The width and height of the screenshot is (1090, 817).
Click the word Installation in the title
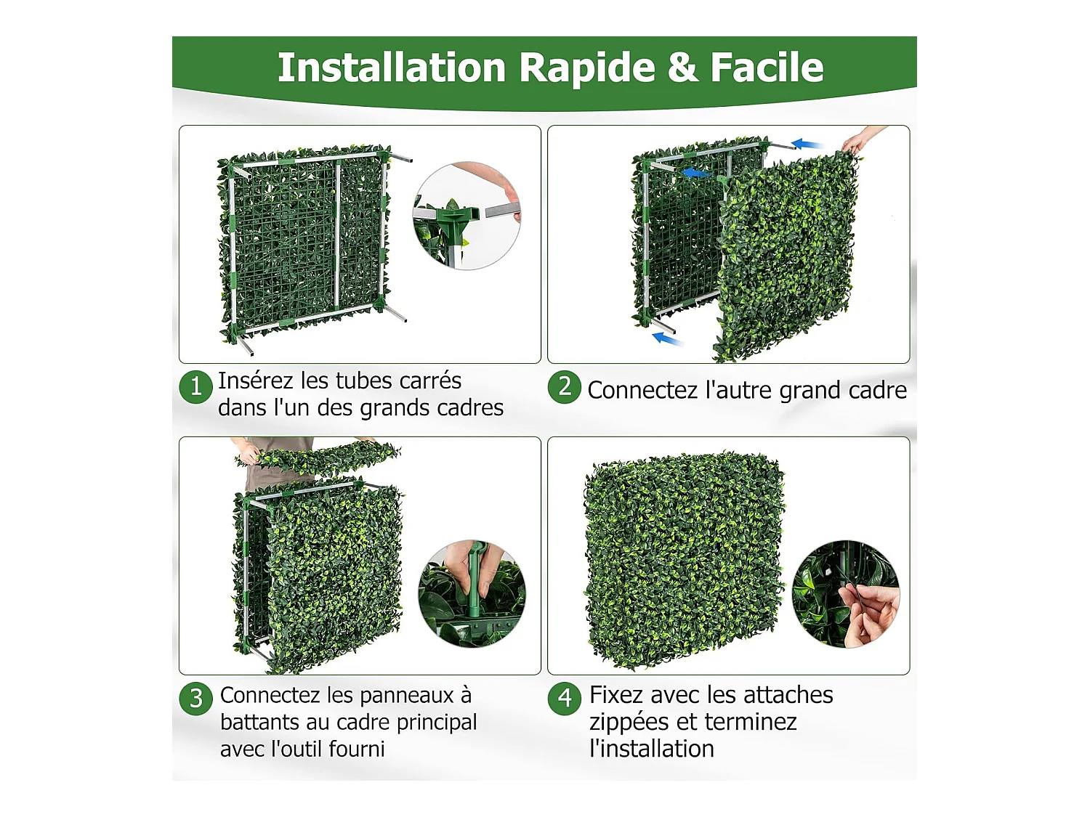[x=391, y=68]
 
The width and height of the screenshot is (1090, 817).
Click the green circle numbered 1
[x=195, y=386]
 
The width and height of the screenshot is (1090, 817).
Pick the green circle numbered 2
[x=564, y=386]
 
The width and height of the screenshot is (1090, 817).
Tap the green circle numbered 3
[x=195, y=699]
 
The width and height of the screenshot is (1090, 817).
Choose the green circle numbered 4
[x=564, y=699]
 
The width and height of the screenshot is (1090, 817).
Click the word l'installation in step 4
[x=652, y=749]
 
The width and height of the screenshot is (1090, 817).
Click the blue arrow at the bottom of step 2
[x=669, y=339]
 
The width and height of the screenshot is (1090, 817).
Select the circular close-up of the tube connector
[x=467, y=216]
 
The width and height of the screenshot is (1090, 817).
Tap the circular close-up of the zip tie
[x=846, y=594]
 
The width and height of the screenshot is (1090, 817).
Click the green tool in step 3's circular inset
[x=475, y=585]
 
